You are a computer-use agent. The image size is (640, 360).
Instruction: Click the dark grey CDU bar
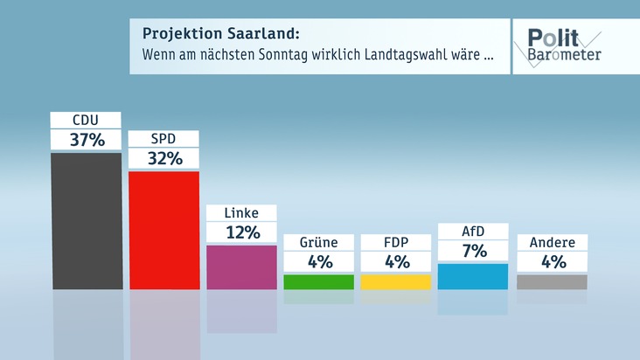tap(87, 220)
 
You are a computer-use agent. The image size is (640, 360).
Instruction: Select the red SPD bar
tap(163, 230)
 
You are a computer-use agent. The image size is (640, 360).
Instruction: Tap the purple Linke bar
tap(241, 267)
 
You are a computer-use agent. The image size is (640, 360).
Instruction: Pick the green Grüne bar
tap(318, 281)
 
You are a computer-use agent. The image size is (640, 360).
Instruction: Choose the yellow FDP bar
tap(395, 281)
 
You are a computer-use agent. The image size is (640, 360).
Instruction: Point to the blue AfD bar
tap(472, 276)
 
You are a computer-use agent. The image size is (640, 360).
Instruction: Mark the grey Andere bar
tap(552, 281)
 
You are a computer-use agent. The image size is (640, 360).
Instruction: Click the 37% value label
tap(87, 140)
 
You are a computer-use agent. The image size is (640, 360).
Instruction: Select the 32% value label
tap(163, 158)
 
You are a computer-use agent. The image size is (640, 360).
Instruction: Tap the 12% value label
tap(241, 232)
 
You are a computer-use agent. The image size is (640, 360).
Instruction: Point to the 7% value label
tap(472, 252)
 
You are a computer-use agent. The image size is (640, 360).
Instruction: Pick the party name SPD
tap(163, 139)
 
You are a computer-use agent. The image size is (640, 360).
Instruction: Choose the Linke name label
tap(241, 213)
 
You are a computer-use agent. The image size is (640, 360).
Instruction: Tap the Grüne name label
tap(318, 242)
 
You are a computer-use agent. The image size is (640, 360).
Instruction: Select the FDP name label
tap(395, 242)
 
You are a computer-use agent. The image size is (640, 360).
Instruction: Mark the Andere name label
tap(552, 242)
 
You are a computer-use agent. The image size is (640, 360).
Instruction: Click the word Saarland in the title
tap(259, 34)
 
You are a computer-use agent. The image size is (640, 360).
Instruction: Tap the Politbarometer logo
tap(563, 45)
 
